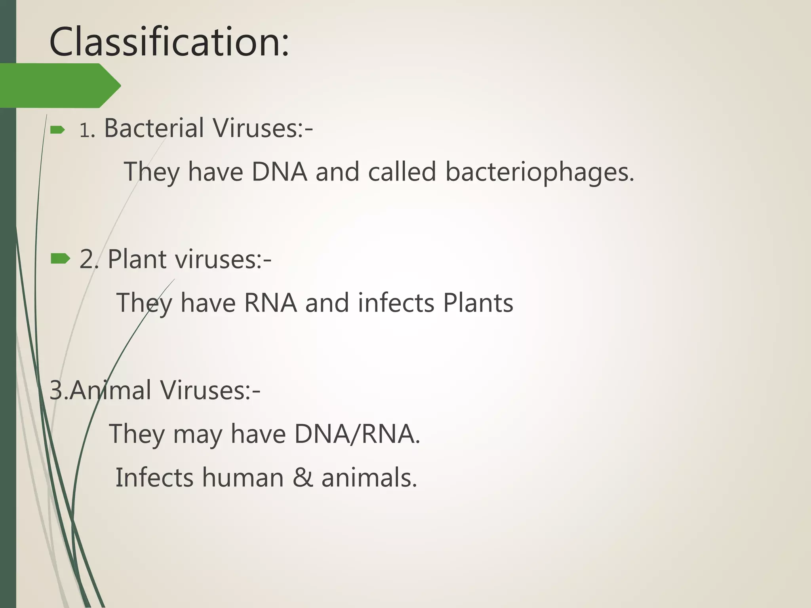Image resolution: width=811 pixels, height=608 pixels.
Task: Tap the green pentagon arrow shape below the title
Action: point(59,85)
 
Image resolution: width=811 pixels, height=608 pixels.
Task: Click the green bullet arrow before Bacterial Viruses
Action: point(58,130)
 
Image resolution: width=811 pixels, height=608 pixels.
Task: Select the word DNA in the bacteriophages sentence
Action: point(280,172)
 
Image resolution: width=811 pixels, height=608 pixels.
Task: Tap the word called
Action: point(402,172)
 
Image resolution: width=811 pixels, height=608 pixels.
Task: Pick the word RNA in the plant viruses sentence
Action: point(270,303)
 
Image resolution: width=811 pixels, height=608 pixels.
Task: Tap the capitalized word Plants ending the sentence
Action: point(478,303)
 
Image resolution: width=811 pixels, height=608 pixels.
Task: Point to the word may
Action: point(198,435)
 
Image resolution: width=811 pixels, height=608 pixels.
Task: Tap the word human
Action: point(243,477)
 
